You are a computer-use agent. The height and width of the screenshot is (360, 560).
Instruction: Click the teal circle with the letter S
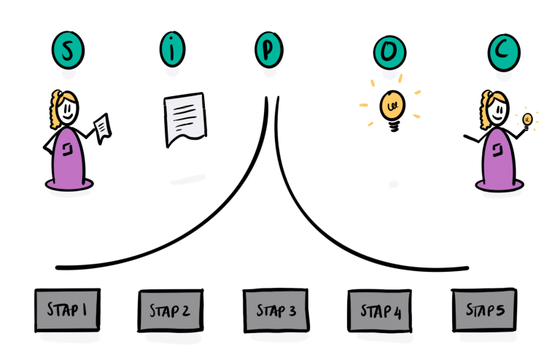(x=68, y=50)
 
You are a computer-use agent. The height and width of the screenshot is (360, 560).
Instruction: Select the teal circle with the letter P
(x=269, y=50)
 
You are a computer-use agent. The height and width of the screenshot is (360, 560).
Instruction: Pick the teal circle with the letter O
(x=389, y=51)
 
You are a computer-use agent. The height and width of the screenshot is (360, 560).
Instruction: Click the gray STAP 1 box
(x=67, y=310)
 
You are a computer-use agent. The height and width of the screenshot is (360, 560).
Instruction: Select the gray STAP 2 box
(x=169, y=311)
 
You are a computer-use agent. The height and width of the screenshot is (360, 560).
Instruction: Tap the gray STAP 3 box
(x=276, y=310)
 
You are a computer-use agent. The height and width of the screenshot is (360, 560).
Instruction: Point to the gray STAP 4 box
(x=380, y=312)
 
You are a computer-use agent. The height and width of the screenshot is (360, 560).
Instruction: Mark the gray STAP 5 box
(x=485, y=310)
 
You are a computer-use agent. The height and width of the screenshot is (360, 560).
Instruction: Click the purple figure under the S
(x=69, y=157)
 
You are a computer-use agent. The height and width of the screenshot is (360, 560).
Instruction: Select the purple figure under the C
(x=499, y=157)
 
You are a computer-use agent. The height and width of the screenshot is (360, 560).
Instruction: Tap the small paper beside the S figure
(x=102, y=128)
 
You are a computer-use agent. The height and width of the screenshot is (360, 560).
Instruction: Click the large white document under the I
(x=184, y=117)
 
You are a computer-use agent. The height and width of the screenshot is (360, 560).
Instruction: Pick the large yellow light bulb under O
(x=392, y=106)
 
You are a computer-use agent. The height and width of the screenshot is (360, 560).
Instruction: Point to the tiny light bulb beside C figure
(x=526, y=119)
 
